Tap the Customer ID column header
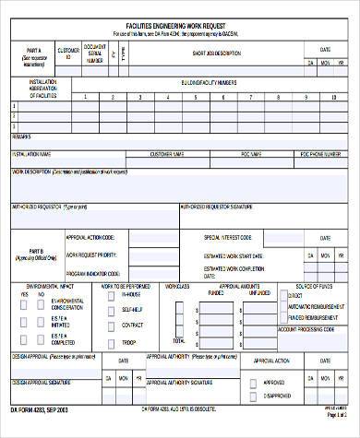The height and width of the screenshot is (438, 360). (68, 53)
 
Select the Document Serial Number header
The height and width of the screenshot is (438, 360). (94, 53)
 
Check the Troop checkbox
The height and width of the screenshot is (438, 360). (111, 340)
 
